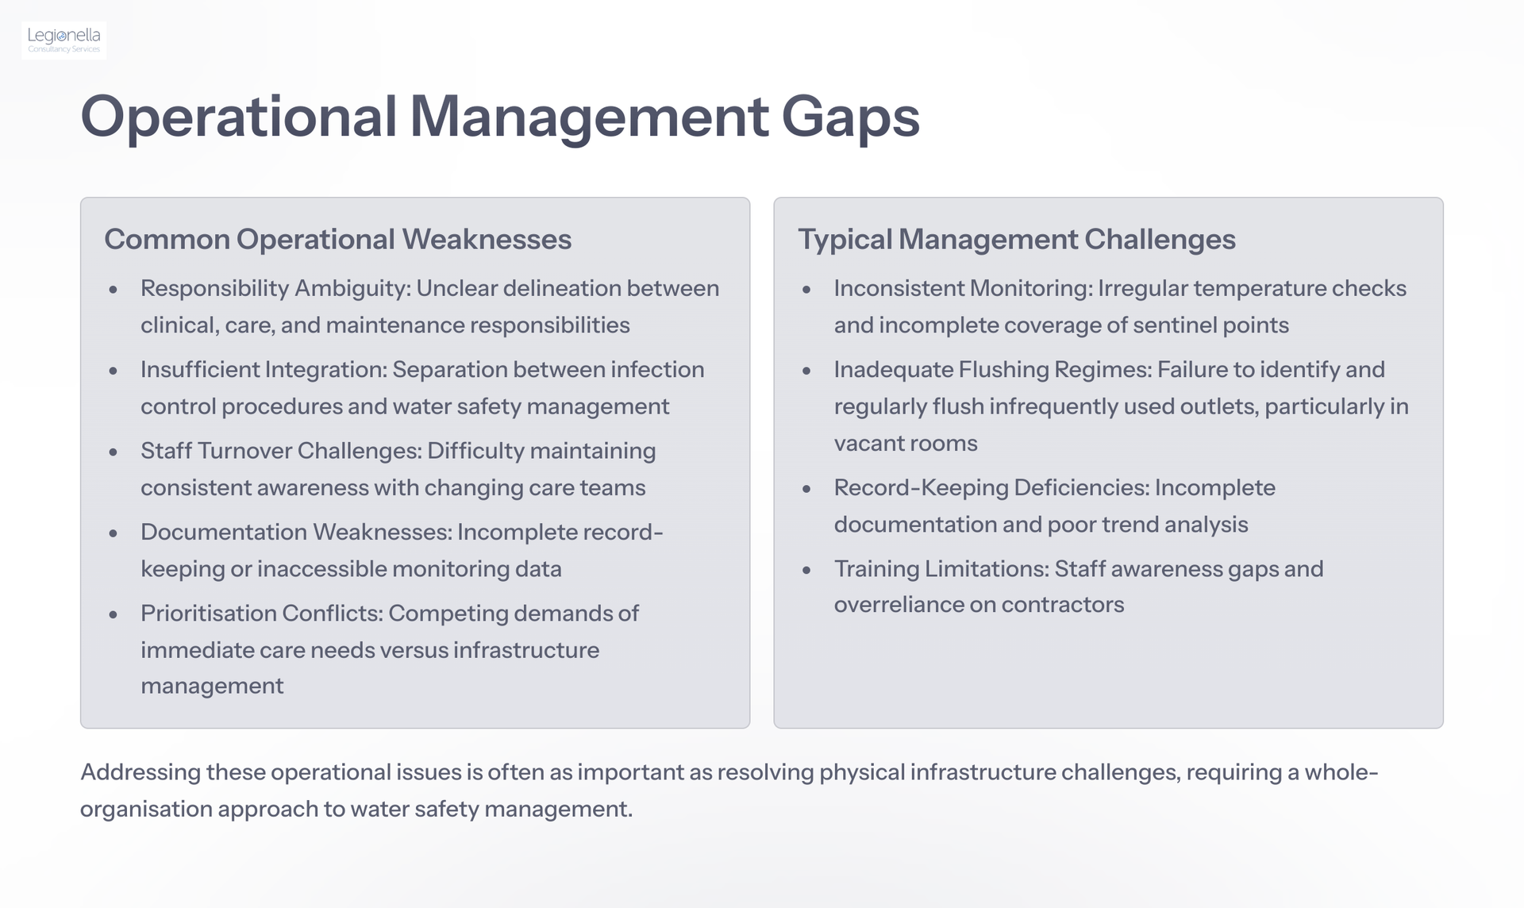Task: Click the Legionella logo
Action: [x=64, y=40]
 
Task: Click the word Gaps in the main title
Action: [x=850, y=118]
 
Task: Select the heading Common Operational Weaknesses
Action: [x=338, y=239]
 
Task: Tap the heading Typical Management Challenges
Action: [x=1017, y=239]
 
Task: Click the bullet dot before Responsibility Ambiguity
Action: [x=114, y=290]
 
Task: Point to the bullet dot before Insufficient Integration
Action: [x=114, y=371]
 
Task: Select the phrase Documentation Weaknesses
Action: [x=295, y=531]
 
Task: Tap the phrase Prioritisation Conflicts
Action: [x=262, y=613]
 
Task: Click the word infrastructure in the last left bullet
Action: [x=526, y=649]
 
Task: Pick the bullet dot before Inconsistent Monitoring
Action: [x=806, y=290]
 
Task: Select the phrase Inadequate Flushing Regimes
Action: [x=992, y=369]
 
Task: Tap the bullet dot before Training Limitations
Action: [x=806, y=570]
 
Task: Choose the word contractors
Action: [x=1063, y=605]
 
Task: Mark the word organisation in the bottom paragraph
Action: [x=146, y=809]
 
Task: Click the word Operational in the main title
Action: [x=239, y=118]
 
